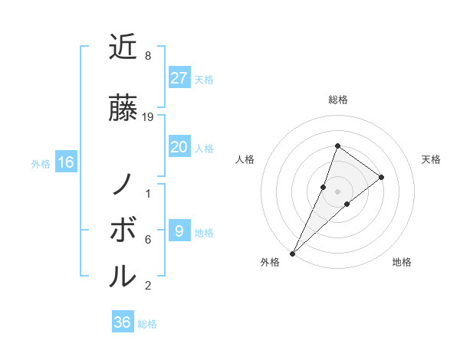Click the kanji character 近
point(122,47)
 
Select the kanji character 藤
point(122,109)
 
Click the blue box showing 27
point(179,78)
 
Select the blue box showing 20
point(179,147)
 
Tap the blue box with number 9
point(179,231)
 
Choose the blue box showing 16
point(65,162)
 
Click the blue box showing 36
point(123,322)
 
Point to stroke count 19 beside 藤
point(148,117)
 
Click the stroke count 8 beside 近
point(147,56)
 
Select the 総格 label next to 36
point(147,324)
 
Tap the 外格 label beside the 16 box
point(41,164)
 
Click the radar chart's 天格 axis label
point(432,159)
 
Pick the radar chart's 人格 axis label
point(245,159)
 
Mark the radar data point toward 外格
point(292,253)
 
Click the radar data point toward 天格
point(382,177)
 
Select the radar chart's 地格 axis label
point(402,263)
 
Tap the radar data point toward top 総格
point(337,146)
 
